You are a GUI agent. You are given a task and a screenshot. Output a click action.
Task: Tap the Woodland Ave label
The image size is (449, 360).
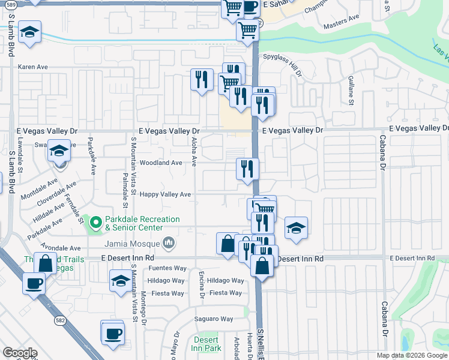coord(160,163)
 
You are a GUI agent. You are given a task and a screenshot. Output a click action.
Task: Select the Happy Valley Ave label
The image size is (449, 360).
coord(165,194)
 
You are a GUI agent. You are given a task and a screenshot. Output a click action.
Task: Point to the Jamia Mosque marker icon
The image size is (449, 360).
coord(169,243)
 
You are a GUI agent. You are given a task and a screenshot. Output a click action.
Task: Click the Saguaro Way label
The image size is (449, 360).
coord(213,319)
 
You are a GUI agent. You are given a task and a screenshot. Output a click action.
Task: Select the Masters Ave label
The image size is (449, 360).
coord(341,26)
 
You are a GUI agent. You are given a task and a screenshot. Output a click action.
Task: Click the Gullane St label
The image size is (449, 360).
coord(351,90)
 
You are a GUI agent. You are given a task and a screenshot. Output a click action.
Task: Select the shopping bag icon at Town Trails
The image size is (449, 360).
coord(46,262)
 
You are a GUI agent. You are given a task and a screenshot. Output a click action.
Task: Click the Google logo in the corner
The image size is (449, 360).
coord(19,353)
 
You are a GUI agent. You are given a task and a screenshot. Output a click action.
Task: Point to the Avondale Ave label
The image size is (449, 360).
coord(60,248)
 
